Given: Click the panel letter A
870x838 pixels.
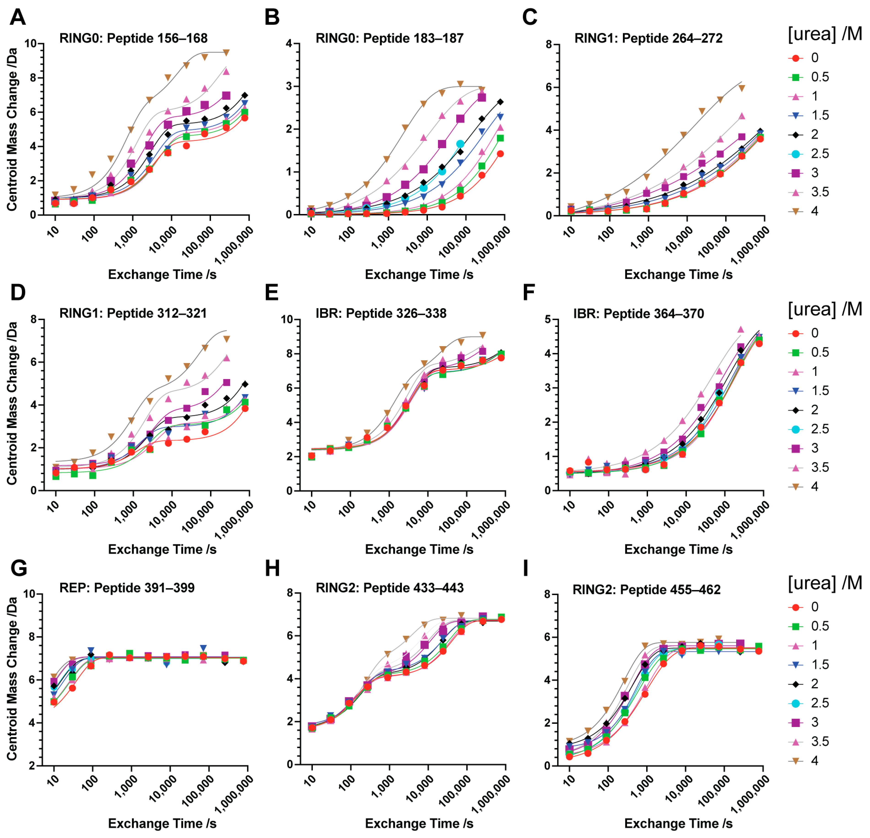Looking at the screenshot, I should pos(18,18).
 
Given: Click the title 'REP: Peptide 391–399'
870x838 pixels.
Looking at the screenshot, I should pos(127,588).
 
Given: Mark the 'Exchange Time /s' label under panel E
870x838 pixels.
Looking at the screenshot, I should pos(419,549).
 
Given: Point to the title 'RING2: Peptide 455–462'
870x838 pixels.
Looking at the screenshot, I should pos(646,590).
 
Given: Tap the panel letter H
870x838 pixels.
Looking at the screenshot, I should pos(272,568).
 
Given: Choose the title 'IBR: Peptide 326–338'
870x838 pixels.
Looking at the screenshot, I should pos(381,314).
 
